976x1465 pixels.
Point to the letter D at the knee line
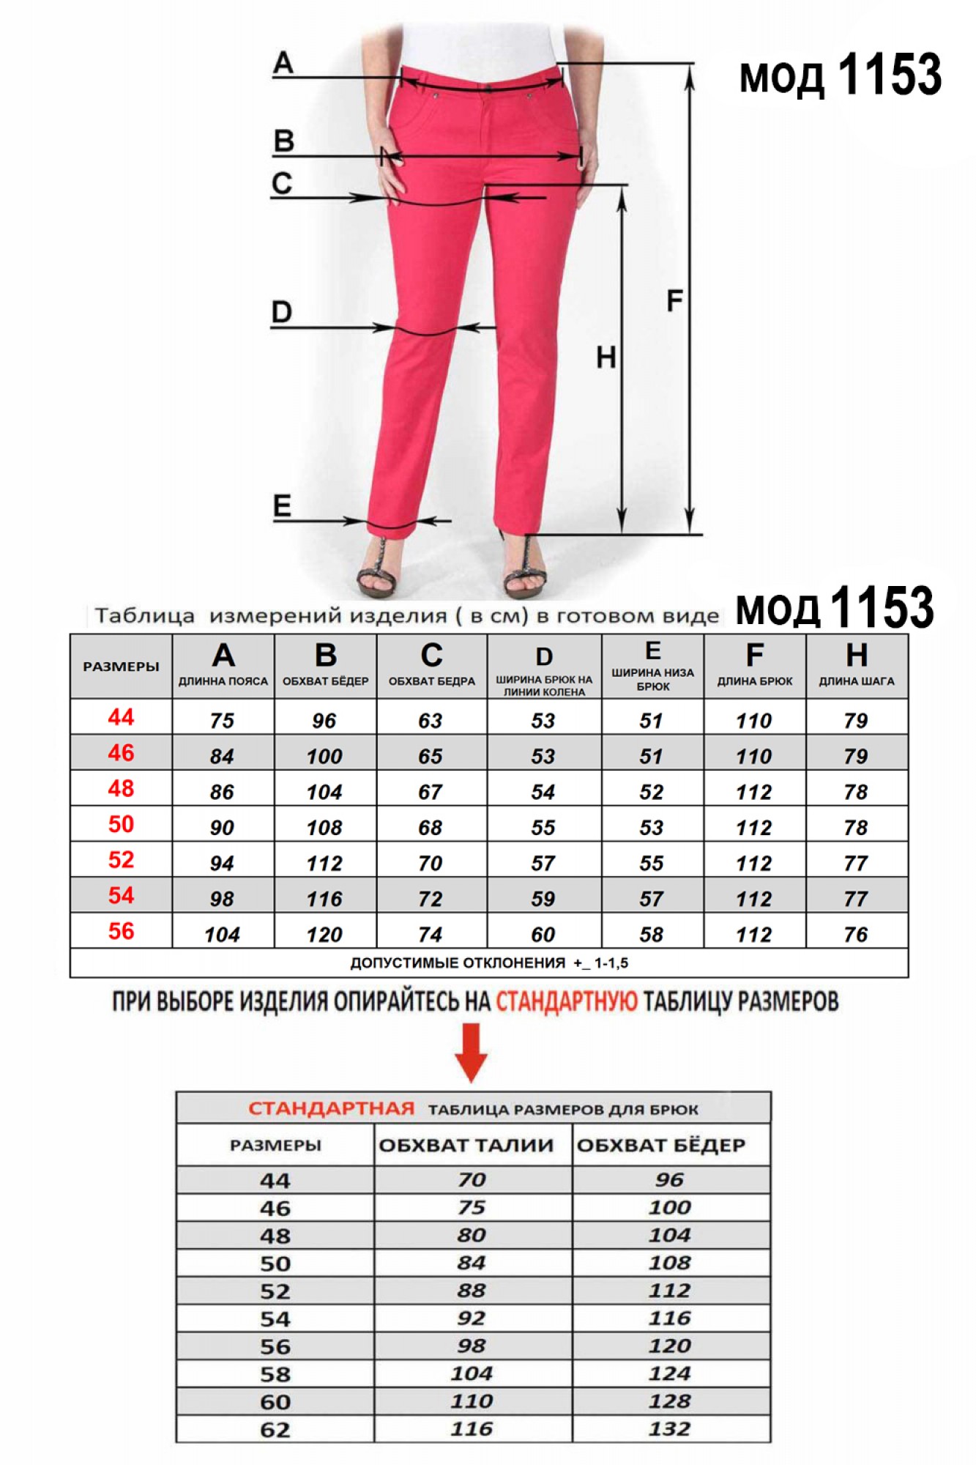pos(281,312)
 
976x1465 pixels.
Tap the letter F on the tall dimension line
pos(674,300)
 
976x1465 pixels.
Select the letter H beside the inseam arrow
pos(606,357)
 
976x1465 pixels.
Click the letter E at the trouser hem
pos(282,505)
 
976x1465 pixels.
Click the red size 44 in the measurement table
pos(121,717)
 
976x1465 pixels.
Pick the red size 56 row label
pos(121,931)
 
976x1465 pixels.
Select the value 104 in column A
pos(222,935)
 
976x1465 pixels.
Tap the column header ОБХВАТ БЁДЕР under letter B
pos(325,681)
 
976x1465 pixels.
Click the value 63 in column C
pos(431,721)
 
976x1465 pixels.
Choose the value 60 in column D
pos(543,935)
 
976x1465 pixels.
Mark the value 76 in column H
pos(855,935)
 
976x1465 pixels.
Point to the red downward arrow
pos(471,1052)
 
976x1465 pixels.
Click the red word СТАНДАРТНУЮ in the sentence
pos(567,1001)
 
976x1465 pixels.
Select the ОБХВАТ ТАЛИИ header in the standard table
pos(466,1145)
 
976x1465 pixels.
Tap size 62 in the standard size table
pos(275,1429)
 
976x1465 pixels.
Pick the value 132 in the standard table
pos(669,1428)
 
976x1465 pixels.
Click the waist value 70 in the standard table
pos(472,1180)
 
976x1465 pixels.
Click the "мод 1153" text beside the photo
pos(840,75)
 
